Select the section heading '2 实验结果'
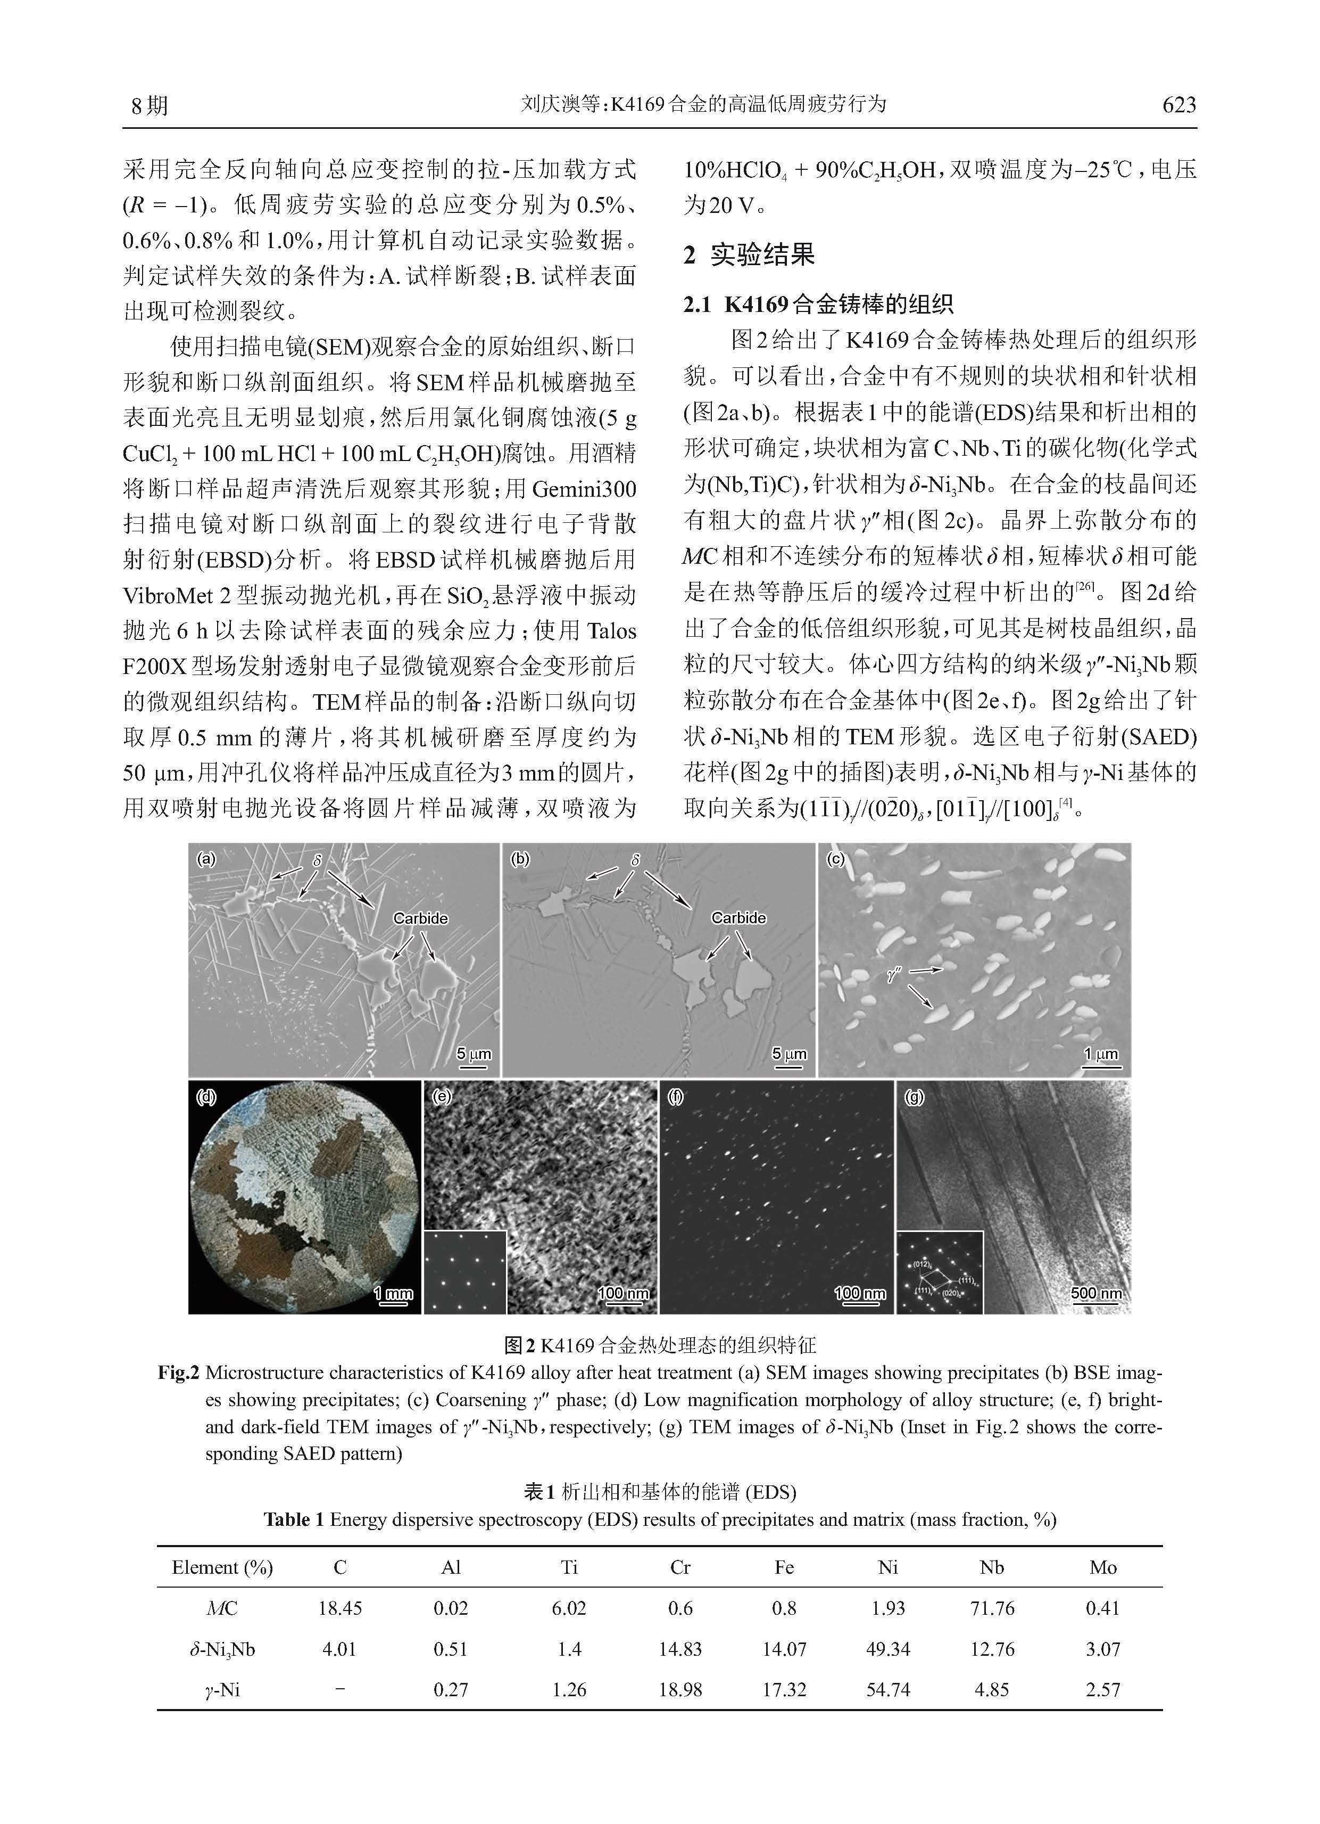point(749,255)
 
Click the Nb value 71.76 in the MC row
point(992,1608)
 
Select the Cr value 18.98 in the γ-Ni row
point(680,1690)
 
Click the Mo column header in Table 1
point(1103,1567)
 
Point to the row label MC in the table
point(222,1608)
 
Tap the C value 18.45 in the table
point(339,1608)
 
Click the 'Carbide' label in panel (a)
point(420,918)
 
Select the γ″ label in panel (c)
point(894,975)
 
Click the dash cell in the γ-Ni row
point(339,1690)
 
